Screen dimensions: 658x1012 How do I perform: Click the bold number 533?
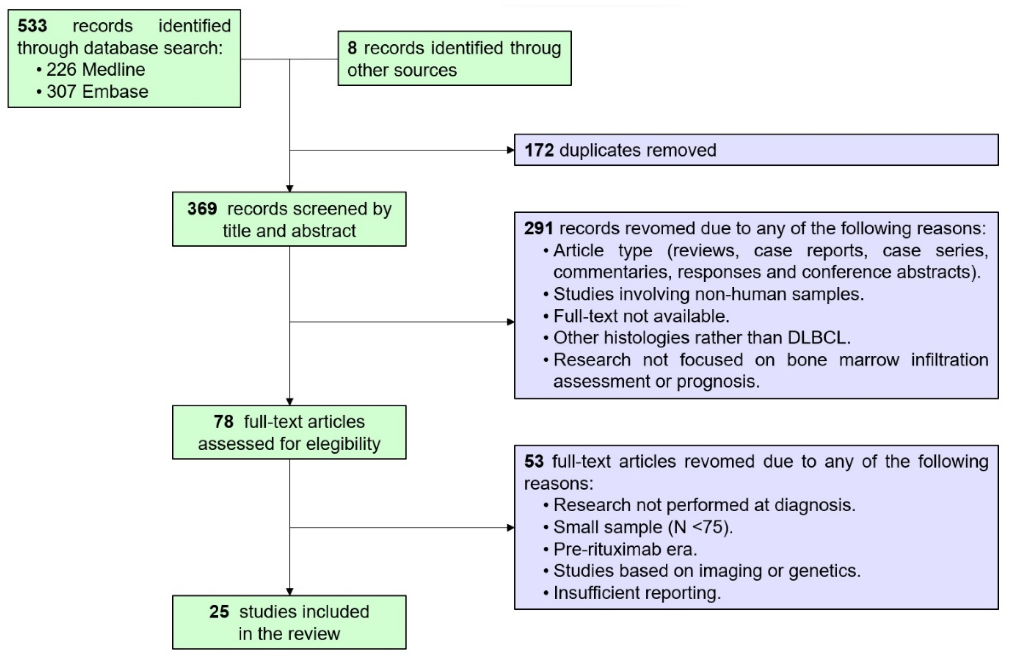[x=32, y=26]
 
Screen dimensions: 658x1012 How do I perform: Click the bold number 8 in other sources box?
[x=352, y=48]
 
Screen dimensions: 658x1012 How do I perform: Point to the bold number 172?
[x=539, y=150]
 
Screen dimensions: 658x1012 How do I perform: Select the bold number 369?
[x=202, y=209]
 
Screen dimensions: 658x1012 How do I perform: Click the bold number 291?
[x=538, y=229]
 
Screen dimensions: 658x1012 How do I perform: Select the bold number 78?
[x=223, y=422]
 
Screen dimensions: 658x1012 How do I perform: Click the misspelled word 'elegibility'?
[x=343, y=444]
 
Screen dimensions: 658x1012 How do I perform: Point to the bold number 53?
[x=534, y=462]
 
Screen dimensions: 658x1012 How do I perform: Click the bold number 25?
[x=219, y=612]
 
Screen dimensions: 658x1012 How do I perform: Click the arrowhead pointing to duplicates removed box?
[x=511, y=150]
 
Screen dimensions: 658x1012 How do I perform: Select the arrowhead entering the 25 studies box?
[x=289, y=592]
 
